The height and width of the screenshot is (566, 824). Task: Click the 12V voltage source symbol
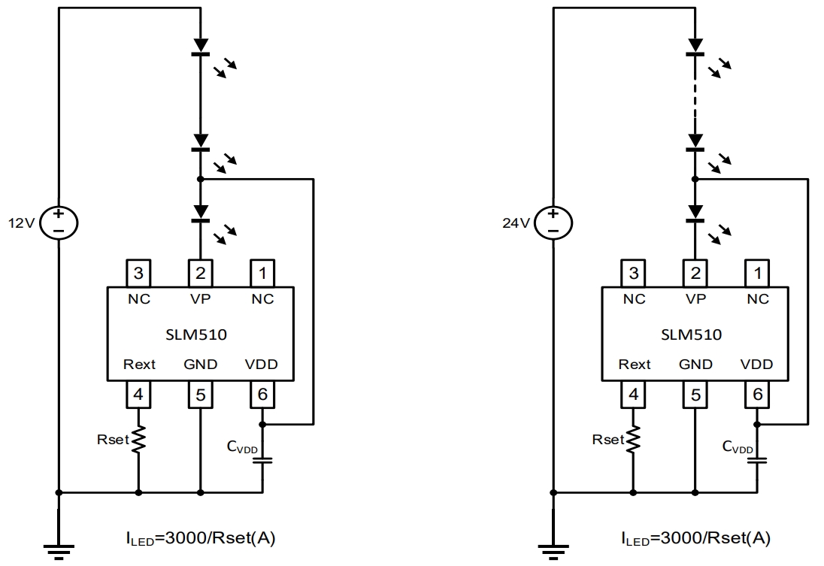[x=59, y=222]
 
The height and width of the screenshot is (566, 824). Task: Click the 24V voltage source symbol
[x=553, y=222]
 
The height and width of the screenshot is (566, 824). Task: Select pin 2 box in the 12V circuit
[x=201, y=271]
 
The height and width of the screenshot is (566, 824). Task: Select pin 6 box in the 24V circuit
[x=757, y=394]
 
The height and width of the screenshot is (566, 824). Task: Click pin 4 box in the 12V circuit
[x=139, y=394]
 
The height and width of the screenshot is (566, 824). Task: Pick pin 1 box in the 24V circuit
[x=757, y=271]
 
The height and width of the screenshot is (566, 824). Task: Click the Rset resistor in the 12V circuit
[x=138, y=440]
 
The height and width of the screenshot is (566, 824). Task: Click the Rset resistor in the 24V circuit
[x=634, y=440]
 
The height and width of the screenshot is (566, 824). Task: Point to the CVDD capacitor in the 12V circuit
[x=262, y=459]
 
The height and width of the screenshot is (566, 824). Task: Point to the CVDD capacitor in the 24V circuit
[x=757, y=459]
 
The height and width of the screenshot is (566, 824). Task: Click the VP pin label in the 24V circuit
[x=696, y=299]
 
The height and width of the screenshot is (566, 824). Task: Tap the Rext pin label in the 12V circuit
[x=139, y=365]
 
